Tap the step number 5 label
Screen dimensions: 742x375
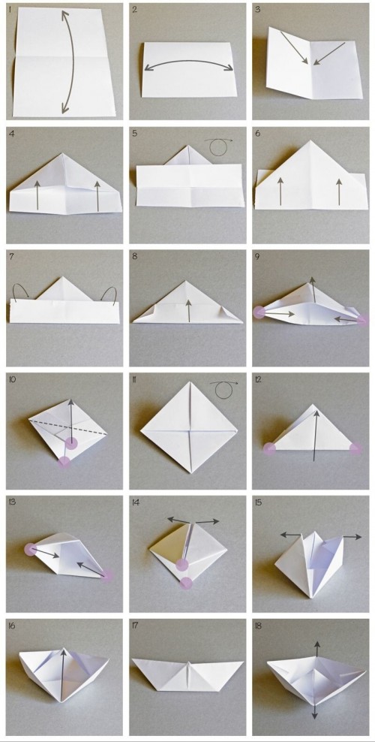click(134, 134)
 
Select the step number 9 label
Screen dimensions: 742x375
click(257, 257)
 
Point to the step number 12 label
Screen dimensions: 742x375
click(259, 380)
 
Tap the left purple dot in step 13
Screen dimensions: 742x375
click(31, 550)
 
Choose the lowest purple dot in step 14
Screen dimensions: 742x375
click(186, 582)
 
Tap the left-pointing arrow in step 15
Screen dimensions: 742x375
click(289, 535)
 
